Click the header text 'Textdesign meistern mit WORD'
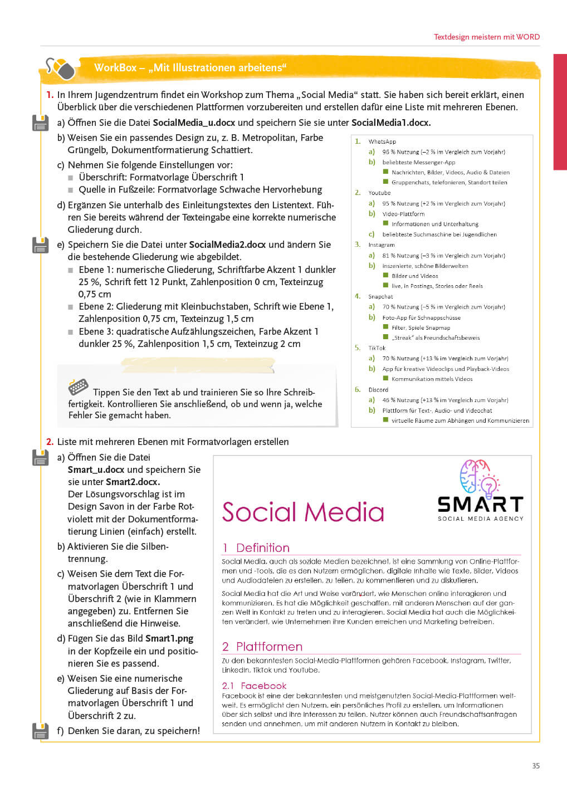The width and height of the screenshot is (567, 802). coord(486,37)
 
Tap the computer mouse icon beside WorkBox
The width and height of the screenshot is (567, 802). coord(61,69)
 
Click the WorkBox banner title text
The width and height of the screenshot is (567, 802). coord(190,68)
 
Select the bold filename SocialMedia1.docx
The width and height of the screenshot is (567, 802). coord(391,123)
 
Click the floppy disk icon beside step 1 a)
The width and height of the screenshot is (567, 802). coord(40,123)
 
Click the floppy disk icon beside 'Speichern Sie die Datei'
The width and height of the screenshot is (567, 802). coord(40,245)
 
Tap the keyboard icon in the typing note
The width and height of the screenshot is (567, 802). coord(78,387)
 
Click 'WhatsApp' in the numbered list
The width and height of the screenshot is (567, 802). coord(382,141)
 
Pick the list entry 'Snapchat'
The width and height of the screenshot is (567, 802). coord(380,297)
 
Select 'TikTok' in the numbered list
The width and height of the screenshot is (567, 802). coord(377,348)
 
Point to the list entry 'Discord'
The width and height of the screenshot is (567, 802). coord(378,390)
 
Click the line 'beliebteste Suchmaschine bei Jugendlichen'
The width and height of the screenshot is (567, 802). coord(439,234)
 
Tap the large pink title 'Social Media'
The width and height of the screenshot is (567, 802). coord(303,512)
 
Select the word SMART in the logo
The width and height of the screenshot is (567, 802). coord(480,505)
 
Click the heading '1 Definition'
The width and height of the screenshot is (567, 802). coord(256,547)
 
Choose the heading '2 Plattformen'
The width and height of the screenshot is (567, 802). coord(262,647)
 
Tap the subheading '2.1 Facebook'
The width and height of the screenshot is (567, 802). coord(254,686)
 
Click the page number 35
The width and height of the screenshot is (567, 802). coord(536,766)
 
